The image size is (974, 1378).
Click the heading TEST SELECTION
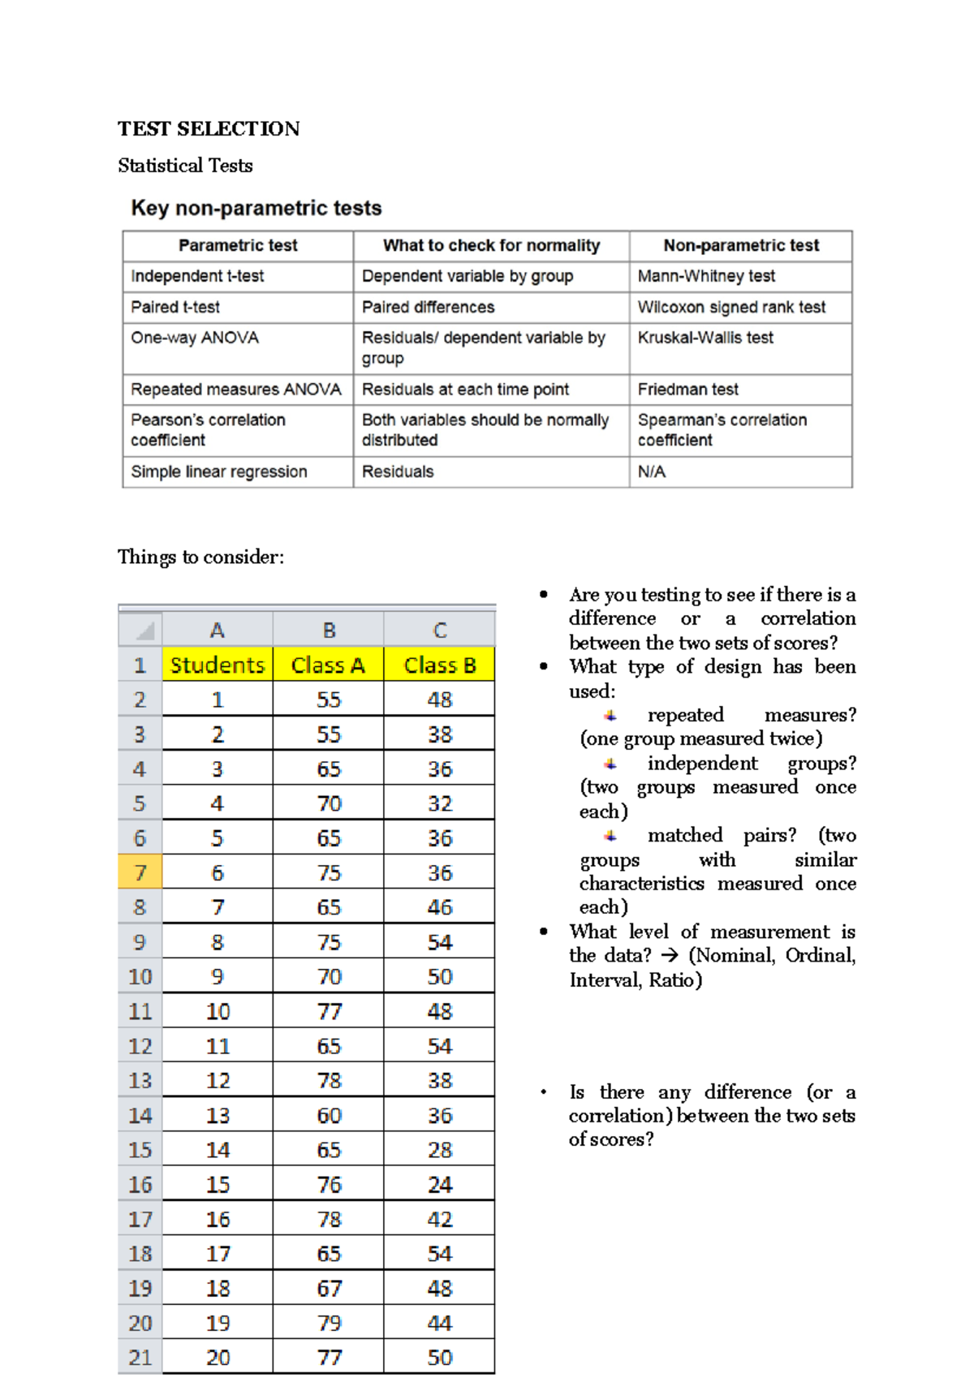209,129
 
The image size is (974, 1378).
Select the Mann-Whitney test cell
705,276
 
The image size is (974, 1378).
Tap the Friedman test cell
687,390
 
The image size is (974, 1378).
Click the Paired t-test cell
175,308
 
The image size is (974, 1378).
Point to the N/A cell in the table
651,472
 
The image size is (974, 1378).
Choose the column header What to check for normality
491,245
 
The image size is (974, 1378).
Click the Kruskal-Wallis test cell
705,338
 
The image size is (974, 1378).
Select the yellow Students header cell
218,665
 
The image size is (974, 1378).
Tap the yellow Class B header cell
439,665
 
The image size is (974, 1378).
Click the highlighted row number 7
140,873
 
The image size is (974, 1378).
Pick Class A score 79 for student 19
329,1323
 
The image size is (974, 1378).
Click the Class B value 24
439,1185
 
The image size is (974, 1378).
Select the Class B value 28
439,1150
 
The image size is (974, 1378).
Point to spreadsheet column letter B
329,631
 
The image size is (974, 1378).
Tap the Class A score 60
329,1116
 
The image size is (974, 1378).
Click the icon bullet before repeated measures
610,716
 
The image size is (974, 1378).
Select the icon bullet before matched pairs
610,836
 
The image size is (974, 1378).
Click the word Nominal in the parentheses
735,955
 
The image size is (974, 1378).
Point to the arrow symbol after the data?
670,956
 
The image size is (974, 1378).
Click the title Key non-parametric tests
256,209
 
